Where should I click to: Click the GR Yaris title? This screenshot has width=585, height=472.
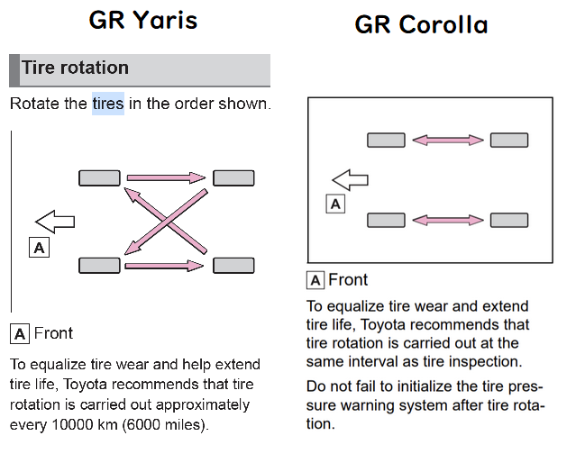[x=143, y=20]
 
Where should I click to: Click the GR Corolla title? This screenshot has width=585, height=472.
[x=421, y=24]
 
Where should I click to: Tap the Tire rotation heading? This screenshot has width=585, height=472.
[x=75, y=68]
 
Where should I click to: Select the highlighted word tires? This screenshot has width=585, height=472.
[x=108, y=104]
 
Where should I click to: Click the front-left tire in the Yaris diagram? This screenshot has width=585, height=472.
[x=99, y=265]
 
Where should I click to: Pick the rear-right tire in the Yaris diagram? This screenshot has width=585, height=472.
[x=233, y=177]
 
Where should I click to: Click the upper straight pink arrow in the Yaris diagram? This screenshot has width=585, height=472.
[x=166, y=177]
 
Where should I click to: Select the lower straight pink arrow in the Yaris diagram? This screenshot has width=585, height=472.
[x=164, y=266]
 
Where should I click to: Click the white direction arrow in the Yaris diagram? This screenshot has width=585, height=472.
[x=55, y=222]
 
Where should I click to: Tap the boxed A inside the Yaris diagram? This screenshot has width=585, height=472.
[x=39, y=248]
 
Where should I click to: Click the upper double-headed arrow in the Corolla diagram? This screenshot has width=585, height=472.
[x=448, y=140]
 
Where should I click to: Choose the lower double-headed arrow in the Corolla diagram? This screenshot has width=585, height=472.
[x=448, y=220]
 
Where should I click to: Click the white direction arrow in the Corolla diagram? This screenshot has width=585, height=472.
[x=350, y=180]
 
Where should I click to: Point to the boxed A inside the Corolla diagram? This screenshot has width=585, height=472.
[x=335, y=204]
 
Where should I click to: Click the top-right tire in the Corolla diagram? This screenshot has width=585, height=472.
[x=509, y=140]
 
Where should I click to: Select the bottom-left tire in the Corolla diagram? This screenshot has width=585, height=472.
[x=386, y=220]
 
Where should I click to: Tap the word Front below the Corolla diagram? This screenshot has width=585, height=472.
[x=348, y=279]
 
